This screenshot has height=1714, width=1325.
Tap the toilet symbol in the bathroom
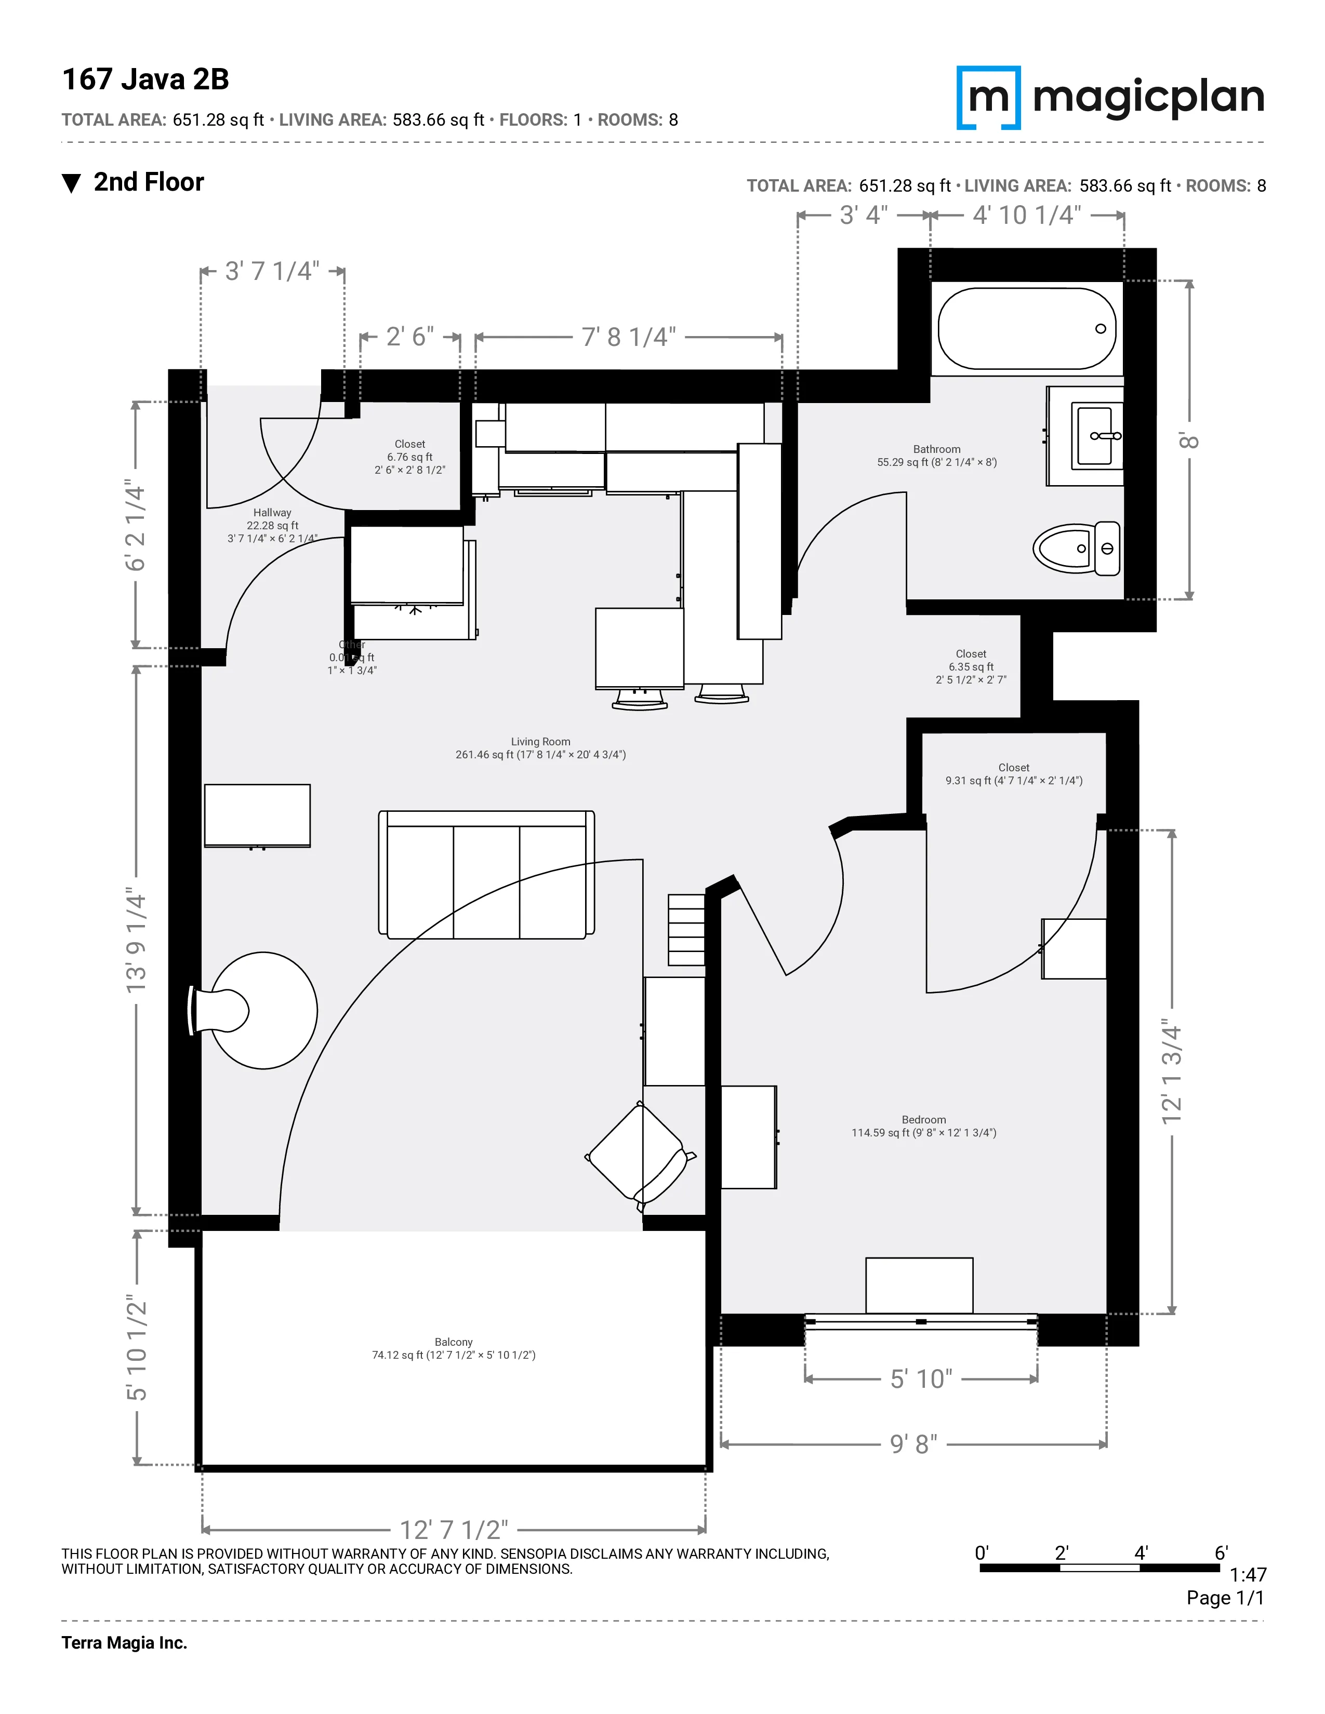[1076, 548]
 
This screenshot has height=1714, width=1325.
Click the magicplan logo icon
[988, 97]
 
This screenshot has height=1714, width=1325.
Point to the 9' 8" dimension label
[913, 1443]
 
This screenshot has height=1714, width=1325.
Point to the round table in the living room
[264, 1010]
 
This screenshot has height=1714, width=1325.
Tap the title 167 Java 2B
[145, 79]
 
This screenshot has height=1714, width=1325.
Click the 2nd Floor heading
[149, 182]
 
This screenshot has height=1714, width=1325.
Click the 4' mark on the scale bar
[1141, 1552]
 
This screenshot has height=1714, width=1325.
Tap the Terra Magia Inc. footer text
[124, 1642]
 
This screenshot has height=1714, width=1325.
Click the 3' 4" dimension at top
[864, 215]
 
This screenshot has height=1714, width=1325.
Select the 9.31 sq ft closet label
[1013, 780]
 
